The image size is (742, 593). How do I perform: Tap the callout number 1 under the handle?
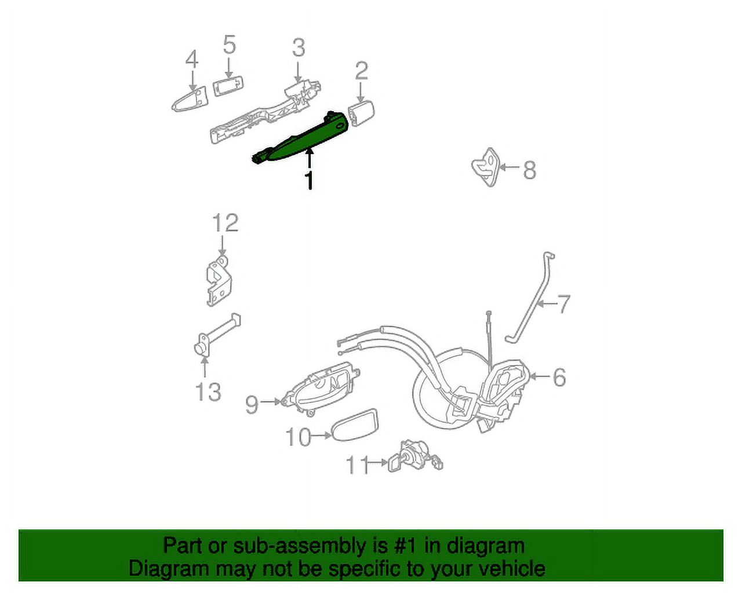(x=310, y=180)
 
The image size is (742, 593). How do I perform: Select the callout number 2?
(x=361, y=71)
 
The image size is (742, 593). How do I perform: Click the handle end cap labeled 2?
(x=361, y=111)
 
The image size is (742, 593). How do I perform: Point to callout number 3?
(x=298, y=47)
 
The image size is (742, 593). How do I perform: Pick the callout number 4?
(x=191, y=60)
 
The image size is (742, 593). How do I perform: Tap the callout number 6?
(x=559, y=377)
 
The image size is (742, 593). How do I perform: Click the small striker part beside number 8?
(x=486, y=166)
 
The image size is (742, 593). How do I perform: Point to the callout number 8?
(x=529, y=170)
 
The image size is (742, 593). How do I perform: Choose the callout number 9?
(x=251, y=403)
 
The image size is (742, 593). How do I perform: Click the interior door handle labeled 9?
(x=322, y=385)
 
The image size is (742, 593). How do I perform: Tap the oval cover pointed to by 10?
(x=354, y=426)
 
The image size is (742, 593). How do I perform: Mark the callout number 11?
(x=358, y=464)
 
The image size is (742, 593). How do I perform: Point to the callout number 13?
(x=208, y=392)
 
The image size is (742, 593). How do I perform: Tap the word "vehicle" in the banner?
(x=509, y=569)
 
